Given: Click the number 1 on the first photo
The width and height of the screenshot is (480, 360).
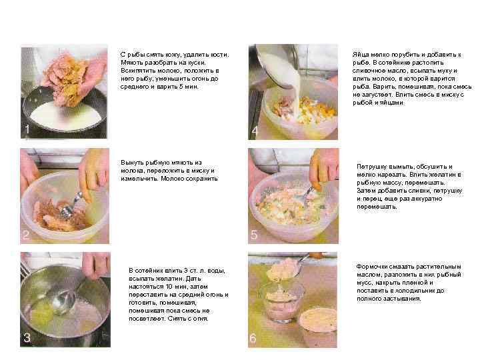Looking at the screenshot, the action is point(27,129).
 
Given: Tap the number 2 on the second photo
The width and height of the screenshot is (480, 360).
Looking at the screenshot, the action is point(26,235).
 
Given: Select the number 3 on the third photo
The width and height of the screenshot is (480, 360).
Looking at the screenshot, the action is point(27,337).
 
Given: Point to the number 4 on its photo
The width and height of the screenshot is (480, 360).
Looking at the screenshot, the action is point(255,131).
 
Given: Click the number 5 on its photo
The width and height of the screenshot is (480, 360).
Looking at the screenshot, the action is point(254,235).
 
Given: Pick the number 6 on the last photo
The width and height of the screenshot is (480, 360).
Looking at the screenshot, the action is point(253,338).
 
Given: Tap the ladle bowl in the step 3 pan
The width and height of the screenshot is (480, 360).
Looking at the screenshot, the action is point(63,302).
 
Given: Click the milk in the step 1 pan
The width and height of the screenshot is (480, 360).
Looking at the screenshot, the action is point(65,116).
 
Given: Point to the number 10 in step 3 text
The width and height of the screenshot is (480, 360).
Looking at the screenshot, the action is point(169,287).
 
